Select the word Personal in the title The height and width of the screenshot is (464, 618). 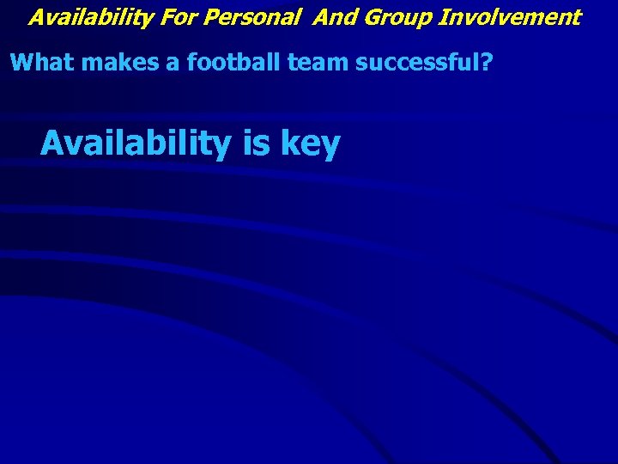coord(249,16)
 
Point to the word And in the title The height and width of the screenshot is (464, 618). coord(334,16)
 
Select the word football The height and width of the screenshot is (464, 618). coord(218,63)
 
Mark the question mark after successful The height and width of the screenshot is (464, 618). coord(486,63)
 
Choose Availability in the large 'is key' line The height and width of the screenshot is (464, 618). coord(136,143)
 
